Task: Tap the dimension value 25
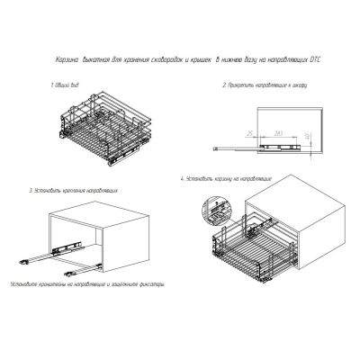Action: [x=248, y=132]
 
